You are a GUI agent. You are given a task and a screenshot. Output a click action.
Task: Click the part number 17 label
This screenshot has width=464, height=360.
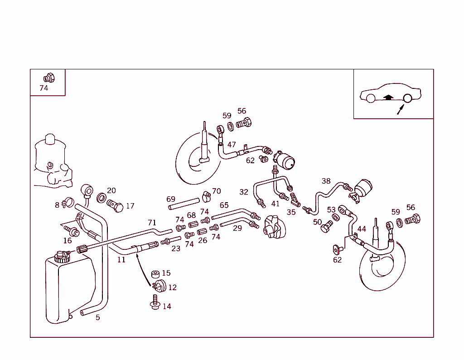pos(130,206)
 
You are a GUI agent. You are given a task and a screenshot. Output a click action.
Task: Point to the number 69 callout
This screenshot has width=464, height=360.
pos(170,199)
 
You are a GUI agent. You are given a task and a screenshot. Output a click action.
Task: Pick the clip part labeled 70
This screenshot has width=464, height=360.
pos(207,196)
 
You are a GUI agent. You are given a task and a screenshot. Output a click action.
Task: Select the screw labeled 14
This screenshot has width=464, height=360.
pos(155,303)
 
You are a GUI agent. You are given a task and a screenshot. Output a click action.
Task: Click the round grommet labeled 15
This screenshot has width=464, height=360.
pos(155,274)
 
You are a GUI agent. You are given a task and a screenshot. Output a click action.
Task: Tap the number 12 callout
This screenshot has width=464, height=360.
pos(172,287)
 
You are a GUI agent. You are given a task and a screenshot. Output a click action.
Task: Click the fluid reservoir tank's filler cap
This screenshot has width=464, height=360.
pos(60,257)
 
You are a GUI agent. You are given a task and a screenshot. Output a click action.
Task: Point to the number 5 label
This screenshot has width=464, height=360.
pos(98,318)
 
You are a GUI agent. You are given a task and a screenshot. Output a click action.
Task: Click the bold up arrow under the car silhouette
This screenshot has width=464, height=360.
pos(387,97)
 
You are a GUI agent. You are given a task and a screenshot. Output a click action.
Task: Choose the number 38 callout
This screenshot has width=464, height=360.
pos(326,181)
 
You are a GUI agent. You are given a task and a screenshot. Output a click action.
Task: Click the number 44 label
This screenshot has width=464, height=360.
pos(361,229)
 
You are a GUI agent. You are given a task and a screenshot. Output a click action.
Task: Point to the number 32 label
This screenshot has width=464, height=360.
pos(244,192)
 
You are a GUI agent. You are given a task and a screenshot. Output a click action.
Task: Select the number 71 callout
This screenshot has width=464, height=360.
pos(152,223)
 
